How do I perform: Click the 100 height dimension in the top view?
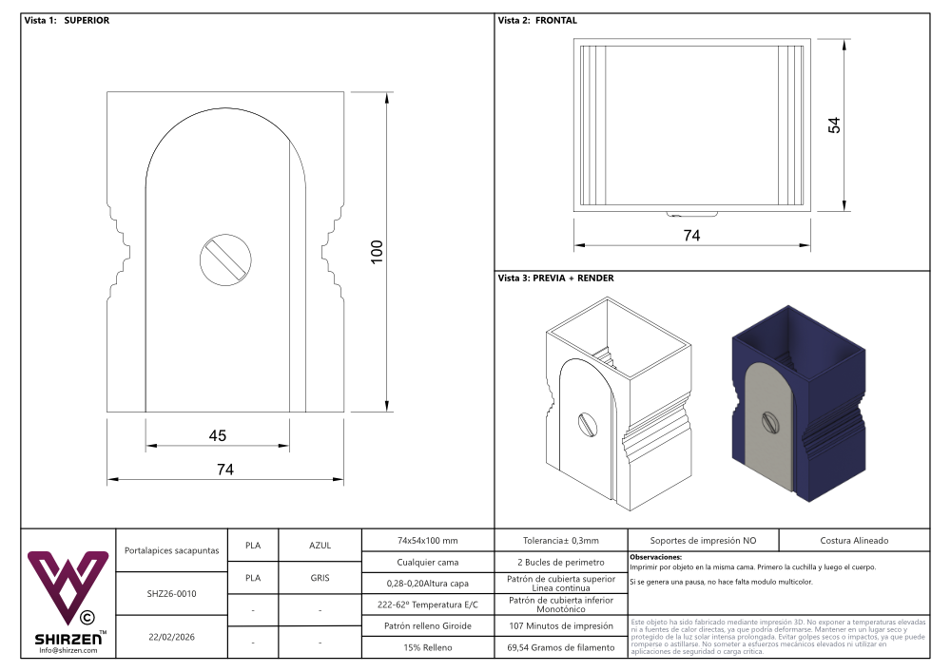click(377, 252)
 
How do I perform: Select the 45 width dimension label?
click(218, 435)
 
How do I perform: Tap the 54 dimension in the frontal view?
click(835, 125)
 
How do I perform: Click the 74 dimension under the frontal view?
click(692, 236)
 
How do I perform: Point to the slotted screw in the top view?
click(225, 259)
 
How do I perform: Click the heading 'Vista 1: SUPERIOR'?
click(67, 20)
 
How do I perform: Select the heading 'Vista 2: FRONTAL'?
click(537, 20)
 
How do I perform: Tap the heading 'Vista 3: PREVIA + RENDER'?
click(555, 278)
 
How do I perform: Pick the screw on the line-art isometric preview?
click(587, 423)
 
